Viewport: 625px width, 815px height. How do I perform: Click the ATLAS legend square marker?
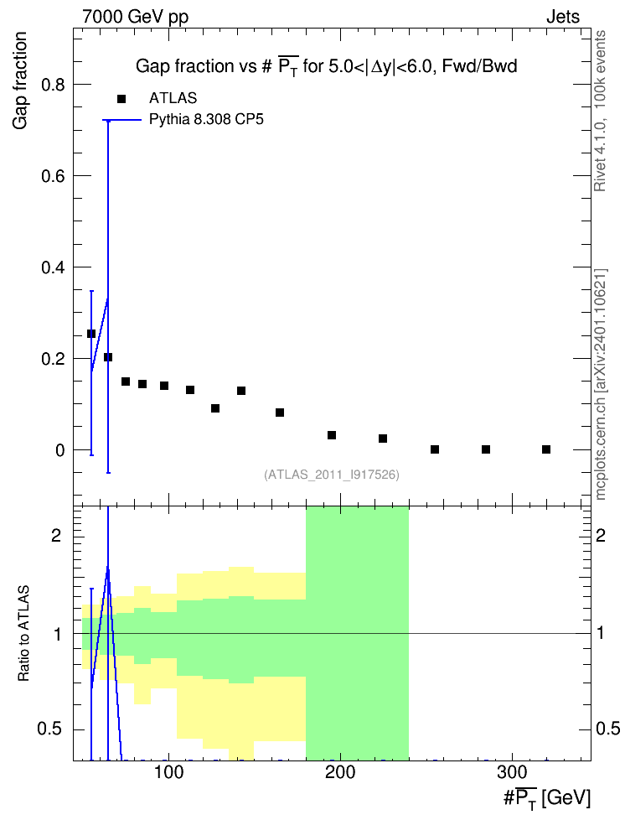pyautogui.click(x=121, y=99)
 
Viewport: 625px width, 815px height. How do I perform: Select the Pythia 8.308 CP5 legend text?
pyautogui.click(x=206, y=120)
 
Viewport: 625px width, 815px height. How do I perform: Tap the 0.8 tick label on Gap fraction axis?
pyautogui.click(x=54, y=85)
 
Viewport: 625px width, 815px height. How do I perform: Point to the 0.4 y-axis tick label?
pyautogui.click(x=54, y=267)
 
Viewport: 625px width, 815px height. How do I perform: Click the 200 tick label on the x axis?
pyautogui.click(x=340, y=773)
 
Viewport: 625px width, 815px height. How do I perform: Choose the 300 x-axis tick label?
pyautogui.click(x=512, y=773)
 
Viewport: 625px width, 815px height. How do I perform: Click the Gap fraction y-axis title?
pyautogui.click(x=20, y=80)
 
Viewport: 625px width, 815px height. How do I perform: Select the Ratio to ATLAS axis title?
pyautogui.click(x=23, y=634)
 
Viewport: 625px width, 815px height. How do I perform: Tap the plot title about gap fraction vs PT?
pyautogui.click(x=326, y=66)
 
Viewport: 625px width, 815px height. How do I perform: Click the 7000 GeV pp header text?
pyautogui.click(x=135, y=17)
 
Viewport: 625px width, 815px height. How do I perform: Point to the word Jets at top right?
pyautogui.click(x=563, y=17)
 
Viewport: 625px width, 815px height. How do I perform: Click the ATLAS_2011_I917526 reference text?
pyautogui.click(x=332, y=475)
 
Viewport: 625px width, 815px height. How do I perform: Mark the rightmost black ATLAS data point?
pyautogui.click(x=546, y=449)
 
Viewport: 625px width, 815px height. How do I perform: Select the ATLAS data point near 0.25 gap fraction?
pyautogui.click(x=91, y=334)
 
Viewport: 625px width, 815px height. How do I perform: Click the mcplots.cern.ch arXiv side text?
pyautogui.click(x=600, y=385)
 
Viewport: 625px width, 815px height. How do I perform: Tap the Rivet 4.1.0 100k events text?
pyautogui.click(x=600, y=111)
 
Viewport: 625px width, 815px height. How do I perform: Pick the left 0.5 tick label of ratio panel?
pyautogui.click(x=49, y=729)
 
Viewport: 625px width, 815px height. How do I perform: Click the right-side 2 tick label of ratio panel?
pyautogui.click(x=601, y=535)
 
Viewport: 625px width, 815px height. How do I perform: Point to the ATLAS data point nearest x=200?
pyautogui.click(x=332, y=435)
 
